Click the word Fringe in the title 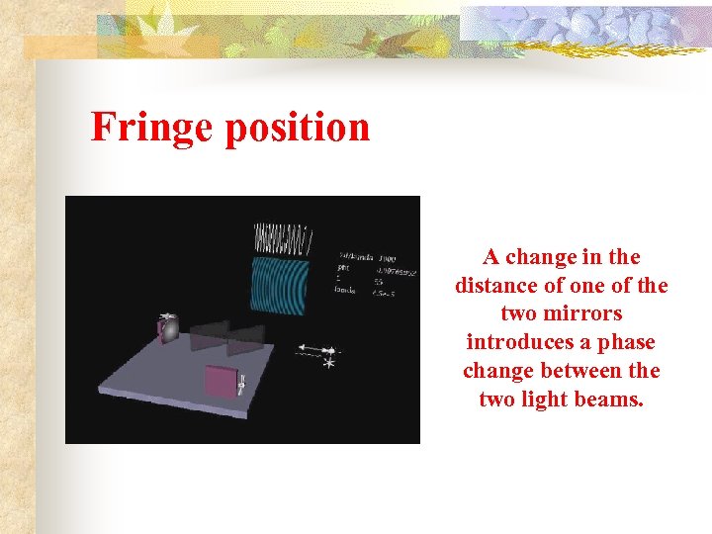point(150,128)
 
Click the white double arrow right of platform point(318,349)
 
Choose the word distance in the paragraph point(492,286)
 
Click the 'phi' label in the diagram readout point(345,268)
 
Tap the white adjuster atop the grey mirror point(168,315)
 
